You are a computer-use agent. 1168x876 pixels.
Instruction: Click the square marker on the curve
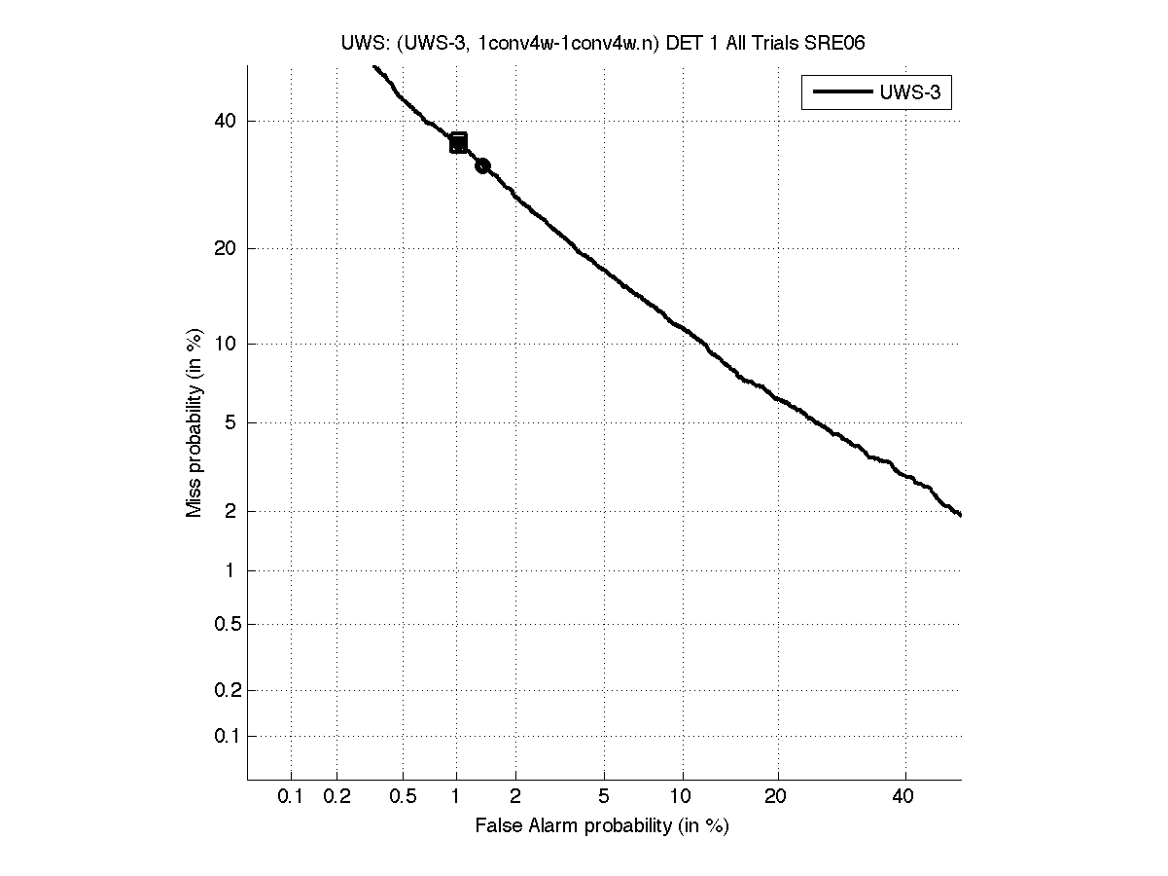click(458, 143)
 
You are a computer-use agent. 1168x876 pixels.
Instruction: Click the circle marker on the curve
click(482, 166)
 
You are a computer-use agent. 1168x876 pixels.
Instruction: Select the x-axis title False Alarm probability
click(602, 826)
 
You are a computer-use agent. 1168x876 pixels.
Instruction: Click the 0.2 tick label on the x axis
click(336, 796)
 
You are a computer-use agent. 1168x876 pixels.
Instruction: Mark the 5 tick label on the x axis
click(604, 796)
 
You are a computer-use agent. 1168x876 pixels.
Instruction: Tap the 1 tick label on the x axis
click(457, 796)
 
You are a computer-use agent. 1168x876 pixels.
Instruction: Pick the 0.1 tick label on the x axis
click(290, 796)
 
